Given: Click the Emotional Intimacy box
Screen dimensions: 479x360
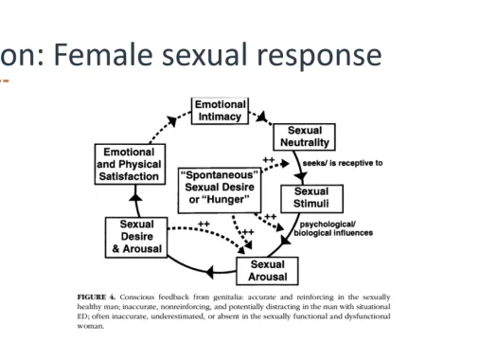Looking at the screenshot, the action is (x=220, y=111).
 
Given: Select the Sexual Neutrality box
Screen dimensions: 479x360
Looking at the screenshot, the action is (x=304, y=136).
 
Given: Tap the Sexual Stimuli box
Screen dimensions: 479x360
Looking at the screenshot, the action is (x=311, y=198).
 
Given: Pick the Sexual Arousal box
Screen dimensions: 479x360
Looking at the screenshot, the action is (x=267, y=271).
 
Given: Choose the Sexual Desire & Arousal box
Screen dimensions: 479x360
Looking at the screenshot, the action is (x=136, y=237).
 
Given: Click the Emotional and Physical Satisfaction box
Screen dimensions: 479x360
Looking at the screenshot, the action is (x=130, y=164).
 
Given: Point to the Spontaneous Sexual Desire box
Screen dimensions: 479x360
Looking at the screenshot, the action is (x=220, y=190).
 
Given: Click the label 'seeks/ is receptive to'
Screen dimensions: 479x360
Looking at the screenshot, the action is (x=343, y=163).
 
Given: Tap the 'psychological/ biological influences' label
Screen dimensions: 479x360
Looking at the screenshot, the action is (x=333, y=228).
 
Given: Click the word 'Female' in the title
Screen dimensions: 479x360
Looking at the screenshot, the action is (x=103, y=55).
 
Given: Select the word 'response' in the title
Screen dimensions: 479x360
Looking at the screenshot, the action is (x=319, y=57).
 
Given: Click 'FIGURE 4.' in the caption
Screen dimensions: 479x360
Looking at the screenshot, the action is (x=97, y=297).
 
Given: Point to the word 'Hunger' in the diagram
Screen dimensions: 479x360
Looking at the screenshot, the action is (x=225, y=200).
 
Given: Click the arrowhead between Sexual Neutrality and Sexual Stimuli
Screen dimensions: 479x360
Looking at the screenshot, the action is (x=301, y=176).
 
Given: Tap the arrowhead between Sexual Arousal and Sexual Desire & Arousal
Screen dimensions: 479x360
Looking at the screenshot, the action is (x=210, y=272).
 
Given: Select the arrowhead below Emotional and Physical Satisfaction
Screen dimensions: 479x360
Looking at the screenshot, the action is (x=135, y=198).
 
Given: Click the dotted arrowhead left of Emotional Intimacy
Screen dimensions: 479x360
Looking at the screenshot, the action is (x=172, y=120).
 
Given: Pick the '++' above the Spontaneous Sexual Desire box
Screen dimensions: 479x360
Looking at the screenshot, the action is (x=269, y=160).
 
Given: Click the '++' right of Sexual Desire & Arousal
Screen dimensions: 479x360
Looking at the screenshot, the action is (x=204, y=224).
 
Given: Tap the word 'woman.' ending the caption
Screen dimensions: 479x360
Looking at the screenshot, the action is (x=91, y=326).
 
